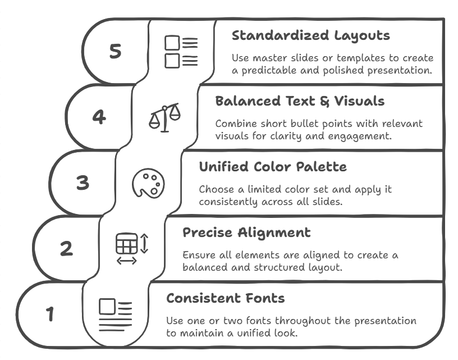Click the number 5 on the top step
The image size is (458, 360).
pos(115,51)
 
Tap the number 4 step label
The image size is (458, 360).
pos(99,117)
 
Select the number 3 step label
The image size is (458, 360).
pos(83,183)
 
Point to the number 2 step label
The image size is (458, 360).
pos(66,248)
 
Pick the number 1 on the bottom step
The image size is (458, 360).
pos(50,314)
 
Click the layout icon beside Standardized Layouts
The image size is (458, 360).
pos(181,52)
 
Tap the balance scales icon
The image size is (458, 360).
pos(164,117)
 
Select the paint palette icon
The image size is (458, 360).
pos(148,184)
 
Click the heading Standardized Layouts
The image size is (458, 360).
pos(310,35)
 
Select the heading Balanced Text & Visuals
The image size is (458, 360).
pos(300,101)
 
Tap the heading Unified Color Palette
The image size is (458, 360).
pos(273,167)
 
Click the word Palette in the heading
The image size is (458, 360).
pos(323,167)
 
